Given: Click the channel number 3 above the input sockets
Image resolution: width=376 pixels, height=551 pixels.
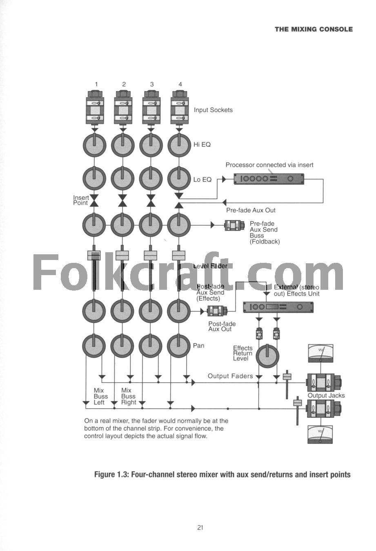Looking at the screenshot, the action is (152, 84).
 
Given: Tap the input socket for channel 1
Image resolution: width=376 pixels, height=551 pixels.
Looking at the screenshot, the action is (95, 110).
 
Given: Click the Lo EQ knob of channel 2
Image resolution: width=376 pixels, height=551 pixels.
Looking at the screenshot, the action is (123, 178).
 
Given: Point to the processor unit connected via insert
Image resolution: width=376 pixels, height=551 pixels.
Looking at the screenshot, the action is (269, 179).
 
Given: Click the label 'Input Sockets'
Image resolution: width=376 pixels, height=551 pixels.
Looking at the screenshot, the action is (213, 110).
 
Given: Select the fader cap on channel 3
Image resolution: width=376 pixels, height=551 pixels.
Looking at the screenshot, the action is (151, 255).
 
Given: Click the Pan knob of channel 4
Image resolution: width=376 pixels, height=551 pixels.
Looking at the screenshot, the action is (179, 346).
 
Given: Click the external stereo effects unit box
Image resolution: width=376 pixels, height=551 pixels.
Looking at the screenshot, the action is (278, 307).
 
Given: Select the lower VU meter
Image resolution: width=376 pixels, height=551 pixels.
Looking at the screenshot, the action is (320, 434).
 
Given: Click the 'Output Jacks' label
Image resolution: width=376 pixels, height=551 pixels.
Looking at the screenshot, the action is (326, 395).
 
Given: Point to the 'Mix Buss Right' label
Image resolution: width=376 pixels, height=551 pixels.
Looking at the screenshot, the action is (128, 396).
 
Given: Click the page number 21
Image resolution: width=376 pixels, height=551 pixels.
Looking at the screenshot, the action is (200, 527).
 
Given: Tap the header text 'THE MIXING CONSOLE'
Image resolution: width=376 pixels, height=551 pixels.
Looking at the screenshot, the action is (314, 29).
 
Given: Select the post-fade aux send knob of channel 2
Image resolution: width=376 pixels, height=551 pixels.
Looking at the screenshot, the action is (123, 311).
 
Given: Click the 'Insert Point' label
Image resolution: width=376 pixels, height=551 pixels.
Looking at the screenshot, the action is (81, 200).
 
